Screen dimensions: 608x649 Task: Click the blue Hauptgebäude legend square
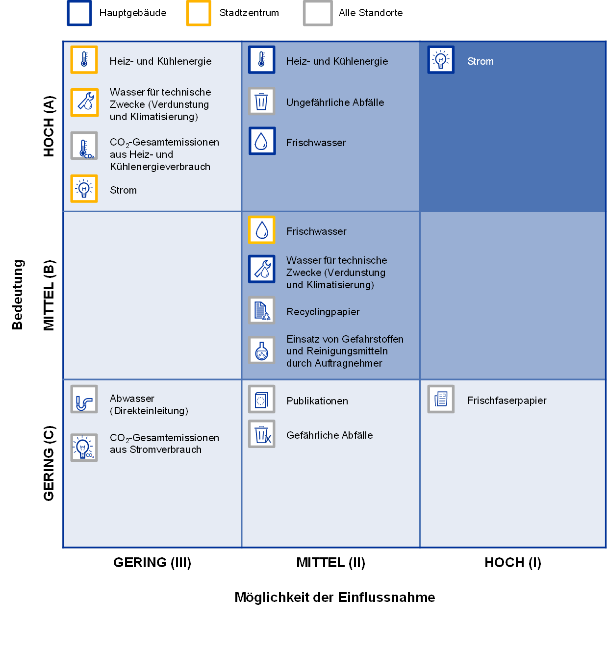click(x=79, y=13)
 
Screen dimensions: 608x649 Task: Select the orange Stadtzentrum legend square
click(x=199, y=13)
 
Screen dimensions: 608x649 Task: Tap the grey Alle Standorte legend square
click(x=318, y=13)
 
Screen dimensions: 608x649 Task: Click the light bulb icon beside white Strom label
click(x=441, y=60)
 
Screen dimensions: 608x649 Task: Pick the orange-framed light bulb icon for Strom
click(x=84, y=189)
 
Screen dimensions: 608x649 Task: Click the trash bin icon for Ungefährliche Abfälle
click(x=261, y=101)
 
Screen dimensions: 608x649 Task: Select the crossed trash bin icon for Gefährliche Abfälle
click(x=261, y=434)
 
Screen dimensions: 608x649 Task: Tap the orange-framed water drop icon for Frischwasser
click(x=261, y=230)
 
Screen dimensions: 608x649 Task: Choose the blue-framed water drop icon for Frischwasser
click(x=262, y=141)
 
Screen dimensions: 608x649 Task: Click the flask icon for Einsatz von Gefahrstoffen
click(x=261, y=350)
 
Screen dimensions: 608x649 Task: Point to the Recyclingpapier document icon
click(x=261, y=310)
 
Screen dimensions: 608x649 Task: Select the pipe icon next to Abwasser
click(x=84, y=399)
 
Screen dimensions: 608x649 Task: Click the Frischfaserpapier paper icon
click(x=441, y=399)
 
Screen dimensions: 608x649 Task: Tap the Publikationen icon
click(x=261, y=399)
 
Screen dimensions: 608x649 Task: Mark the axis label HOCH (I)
click(x=512, y=563)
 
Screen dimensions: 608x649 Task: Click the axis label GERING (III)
click(x=152, y=563)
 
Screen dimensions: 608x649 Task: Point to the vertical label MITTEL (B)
click(x=49, y=296)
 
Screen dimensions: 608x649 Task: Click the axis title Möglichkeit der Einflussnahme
click(x=335, y=598)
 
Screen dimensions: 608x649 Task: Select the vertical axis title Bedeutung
click(x=18, y=295)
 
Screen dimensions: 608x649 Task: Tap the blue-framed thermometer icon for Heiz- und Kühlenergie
click(x=261, y=60)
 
